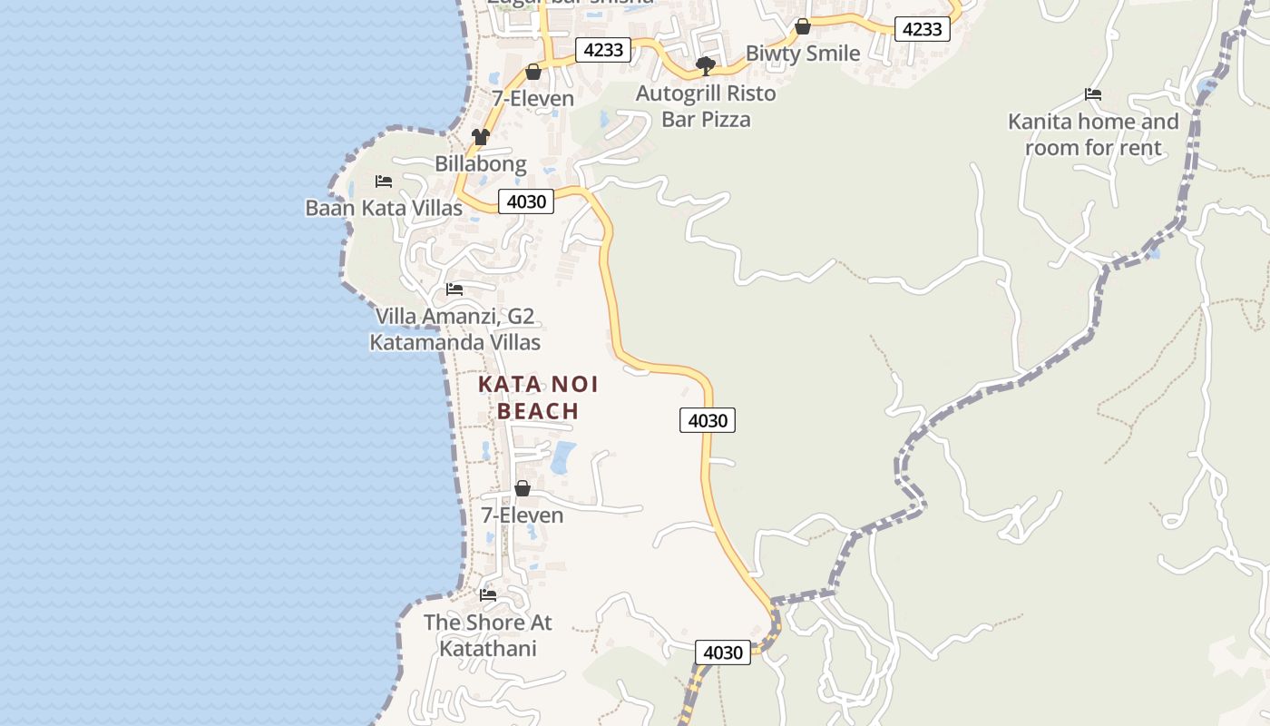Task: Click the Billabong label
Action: (x=481, y=164)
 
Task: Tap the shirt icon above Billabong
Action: (x=480, y=137)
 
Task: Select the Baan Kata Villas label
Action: (x=384, y=208)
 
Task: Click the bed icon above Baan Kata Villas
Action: (x=384, y=181)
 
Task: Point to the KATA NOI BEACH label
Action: (x=538, y=397)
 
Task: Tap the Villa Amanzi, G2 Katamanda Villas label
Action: (x=454, y=329)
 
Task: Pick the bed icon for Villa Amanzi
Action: (x=454, y=289)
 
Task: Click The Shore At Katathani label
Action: (x=488, y=635)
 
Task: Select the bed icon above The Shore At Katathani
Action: (x=488, y=595)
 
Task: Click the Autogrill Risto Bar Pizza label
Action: (x=706, y=106)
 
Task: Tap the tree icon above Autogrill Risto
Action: (x=705, y=65)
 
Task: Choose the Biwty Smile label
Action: (x=803, y=54)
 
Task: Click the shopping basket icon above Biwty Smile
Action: (x=803, y=27)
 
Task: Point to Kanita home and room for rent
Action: (x=1093, y=134)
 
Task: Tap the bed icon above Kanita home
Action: (x=1093, y=94)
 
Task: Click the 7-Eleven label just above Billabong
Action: (x=533, y=98)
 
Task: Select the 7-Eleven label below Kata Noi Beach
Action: (x=523, y=515)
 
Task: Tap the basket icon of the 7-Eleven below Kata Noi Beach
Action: (x=523, y=489)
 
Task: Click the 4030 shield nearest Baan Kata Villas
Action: (x=526, y=201)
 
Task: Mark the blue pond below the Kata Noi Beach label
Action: (x=563, y=457)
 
